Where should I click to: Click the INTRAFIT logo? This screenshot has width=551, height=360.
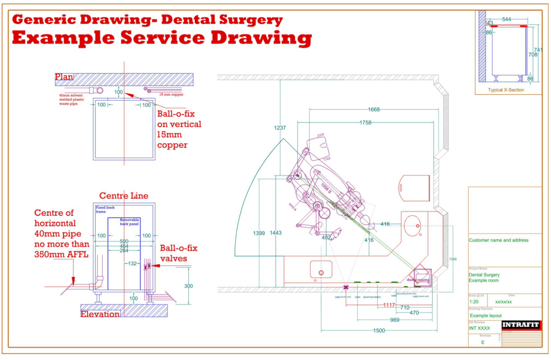(x=521, y=325)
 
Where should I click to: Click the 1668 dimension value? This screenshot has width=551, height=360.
(x=373, y=110)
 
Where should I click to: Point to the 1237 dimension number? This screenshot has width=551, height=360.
(x=280, y=128)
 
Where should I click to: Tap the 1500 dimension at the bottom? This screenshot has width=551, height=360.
(x=379, y=330)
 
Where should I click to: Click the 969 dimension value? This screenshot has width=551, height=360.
(x=394, y=320)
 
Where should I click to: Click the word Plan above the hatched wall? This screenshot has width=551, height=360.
(x=64, y=77)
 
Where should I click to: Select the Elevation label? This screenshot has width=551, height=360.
(x=100, y=314)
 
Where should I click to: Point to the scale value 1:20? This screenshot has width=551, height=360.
(x=474, y=302)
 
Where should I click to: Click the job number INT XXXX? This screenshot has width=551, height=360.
(x=479, y=328)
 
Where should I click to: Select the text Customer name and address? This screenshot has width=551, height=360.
(x=498, y=240)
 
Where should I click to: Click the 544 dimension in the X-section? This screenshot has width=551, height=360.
(x=506, y=19)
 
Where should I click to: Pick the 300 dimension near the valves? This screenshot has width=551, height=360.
(x=188, y=286)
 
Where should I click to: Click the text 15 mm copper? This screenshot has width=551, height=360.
(x=171, y=95)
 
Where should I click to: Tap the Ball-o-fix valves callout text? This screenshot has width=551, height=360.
(x=179, y=253)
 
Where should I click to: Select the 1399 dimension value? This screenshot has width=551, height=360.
(x=258, y=233)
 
